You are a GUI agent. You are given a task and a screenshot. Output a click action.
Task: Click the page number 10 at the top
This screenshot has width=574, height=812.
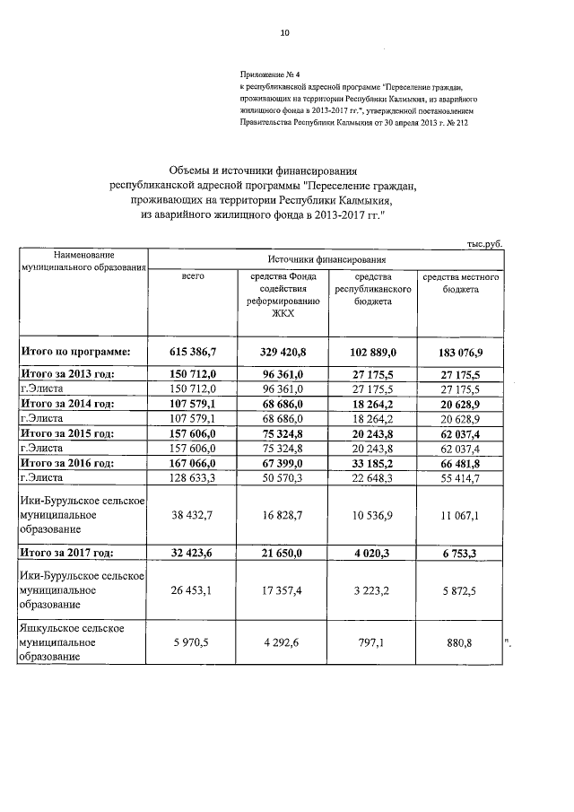pyautogui.click(x=284, y=33)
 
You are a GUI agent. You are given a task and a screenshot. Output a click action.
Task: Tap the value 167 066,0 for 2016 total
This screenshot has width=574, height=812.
pyautogui.click(x=194, y=463)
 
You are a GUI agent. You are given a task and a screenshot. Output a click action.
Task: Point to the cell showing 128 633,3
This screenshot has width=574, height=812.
pyautogui.click(x=194, y=478)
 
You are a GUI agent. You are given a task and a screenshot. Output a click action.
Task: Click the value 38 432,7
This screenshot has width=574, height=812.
pyautogui.click(x=194, y=516)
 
